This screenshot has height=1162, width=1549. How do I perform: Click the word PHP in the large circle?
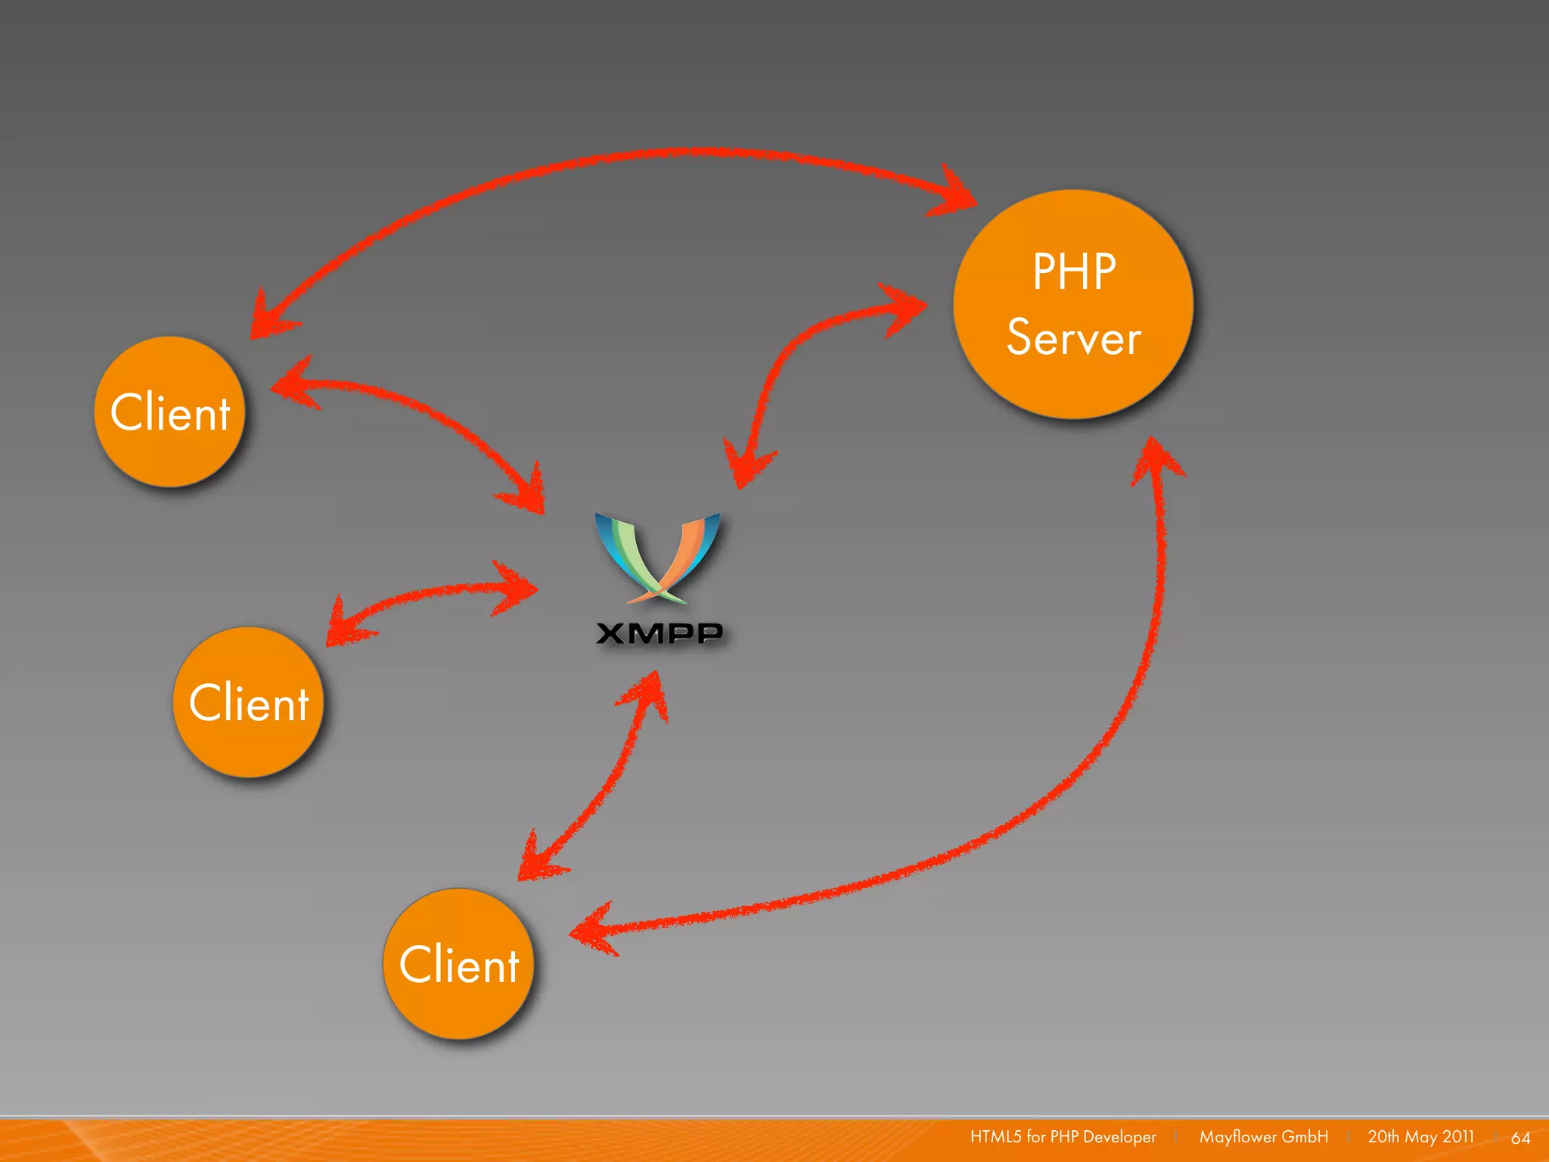(x=1074, y=272)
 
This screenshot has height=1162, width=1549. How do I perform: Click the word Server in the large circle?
(x=1073, y=337)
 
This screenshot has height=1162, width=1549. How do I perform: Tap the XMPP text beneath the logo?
(x=659, y=633)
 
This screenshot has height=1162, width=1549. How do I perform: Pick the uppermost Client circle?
(x=170, y=412)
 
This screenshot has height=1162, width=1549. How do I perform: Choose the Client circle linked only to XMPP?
(x=248, y=702)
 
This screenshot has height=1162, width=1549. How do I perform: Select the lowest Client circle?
(x=459, y=964)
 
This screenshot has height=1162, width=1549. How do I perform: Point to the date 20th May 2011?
(x=1420, y=1137)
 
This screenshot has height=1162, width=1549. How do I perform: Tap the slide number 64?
(x=1520, y=1138)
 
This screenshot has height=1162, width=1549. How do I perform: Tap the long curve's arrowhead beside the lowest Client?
(x=594, y=931)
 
